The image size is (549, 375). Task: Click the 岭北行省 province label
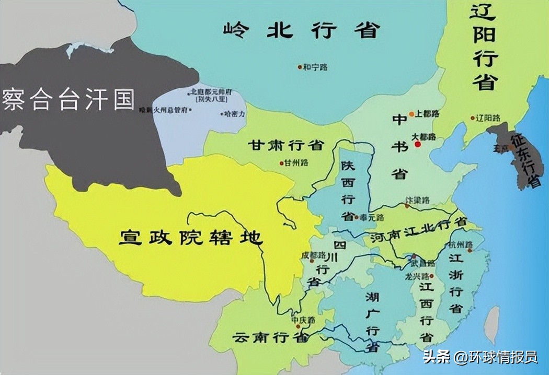(300, 30)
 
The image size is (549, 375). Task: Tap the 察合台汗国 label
(68, 99)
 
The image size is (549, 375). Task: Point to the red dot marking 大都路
(417, 144)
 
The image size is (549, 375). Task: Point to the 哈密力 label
(235, 113)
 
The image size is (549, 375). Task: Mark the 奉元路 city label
(373, 217)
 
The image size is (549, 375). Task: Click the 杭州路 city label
(461, 244)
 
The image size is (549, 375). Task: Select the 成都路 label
(313, 255)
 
